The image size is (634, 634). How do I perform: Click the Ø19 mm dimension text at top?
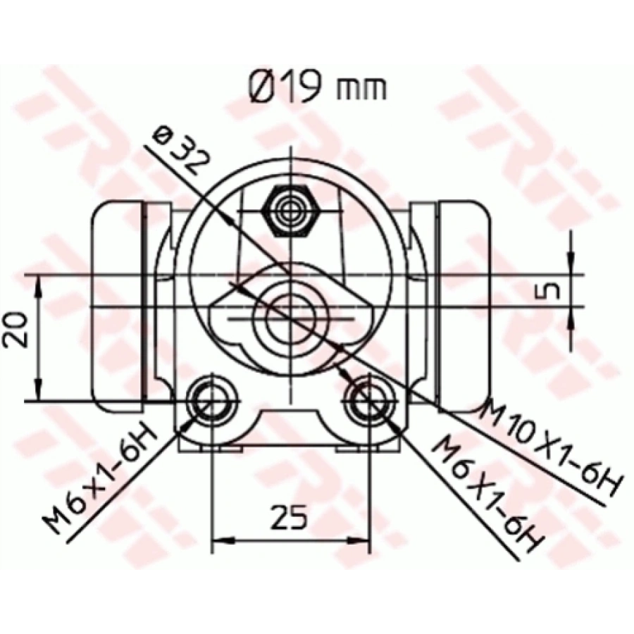(317, 87)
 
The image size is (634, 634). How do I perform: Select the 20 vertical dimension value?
(15, 328)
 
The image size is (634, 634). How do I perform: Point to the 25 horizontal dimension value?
(290, 518)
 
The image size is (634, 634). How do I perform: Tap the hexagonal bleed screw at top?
(290, 210)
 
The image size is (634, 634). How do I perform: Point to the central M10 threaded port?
(290, 314)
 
